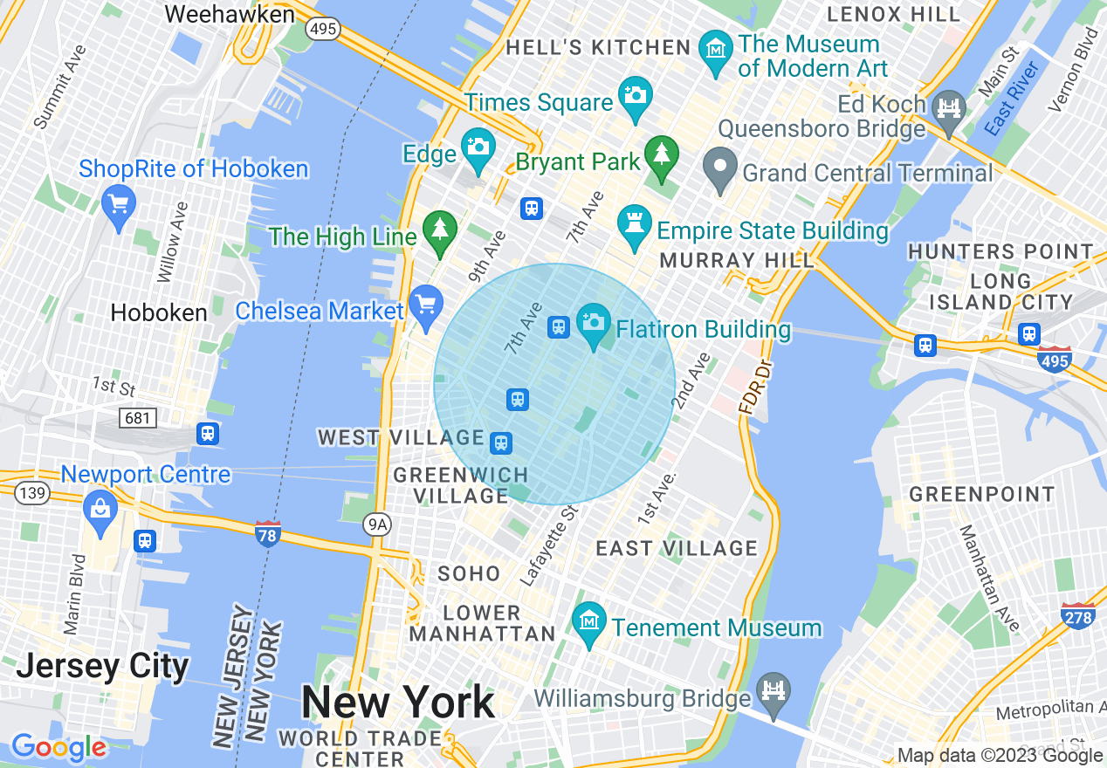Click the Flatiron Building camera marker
click(594, 324)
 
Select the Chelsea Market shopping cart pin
click(426, 305)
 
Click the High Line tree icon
click(440, 230)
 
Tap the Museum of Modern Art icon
click(717, 49)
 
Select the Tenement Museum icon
click(589, 622)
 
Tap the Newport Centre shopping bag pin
click(100, 509)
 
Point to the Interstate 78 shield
click(268, 533)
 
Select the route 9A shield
click(376, 524)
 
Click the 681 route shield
click(138, 418)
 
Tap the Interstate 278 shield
click(1079, 616)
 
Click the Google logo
click(58, 747)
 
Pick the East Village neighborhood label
click(677, 548)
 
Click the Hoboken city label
click(160, 312)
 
